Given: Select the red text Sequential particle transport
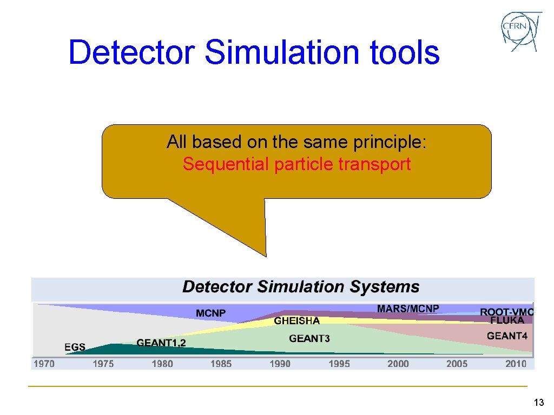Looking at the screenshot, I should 296,164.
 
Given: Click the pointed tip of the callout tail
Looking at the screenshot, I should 266,255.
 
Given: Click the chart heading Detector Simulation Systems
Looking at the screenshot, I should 301,286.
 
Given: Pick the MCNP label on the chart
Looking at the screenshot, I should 211,313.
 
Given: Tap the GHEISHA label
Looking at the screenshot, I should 296,321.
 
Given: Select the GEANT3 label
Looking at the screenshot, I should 309,339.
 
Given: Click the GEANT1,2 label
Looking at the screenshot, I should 161,343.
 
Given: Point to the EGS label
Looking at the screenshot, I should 75,347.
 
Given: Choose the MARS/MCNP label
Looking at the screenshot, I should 408,309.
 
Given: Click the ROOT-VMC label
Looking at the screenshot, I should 507,312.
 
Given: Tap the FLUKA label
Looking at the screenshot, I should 507,320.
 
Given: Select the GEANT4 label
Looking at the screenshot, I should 507,336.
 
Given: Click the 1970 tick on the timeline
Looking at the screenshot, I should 44,364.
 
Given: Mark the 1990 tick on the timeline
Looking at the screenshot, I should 280,364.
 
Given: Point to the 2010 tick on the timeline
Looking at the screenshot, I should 516,364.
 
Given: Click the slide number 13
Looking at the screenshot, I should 538,403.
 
